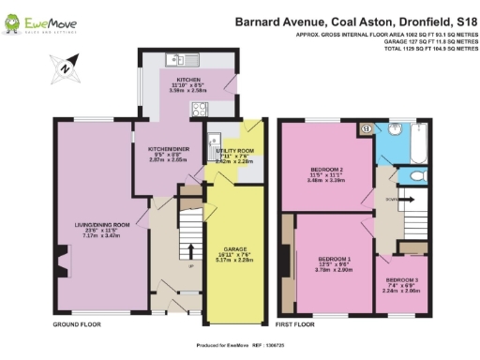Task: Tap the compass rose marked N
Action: pyautogui.click(x=65, y=67)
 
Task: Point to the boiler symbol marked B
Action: pyautogui.click(x=367, y=128)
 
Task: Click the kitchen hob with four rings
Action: pyautogui.click(x=199, y=109)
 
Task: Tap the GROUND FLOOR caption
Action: pyautogui.click(x=77, y=323)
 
